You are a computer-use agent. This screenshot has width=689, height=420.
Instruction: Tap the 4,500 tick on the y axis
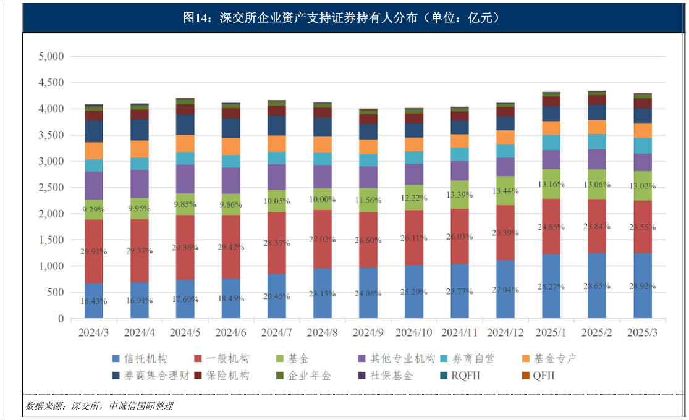[x=51, y=83]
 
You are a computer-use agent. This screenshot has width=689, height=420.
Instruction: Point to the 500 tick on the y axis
[x=56, y=293]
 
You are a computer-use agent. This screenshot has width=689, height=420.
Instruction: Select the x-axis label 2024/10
[x=414, y=333]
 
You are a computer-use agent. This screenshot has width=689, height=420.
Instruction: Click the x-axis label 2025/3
[x=642, y=333]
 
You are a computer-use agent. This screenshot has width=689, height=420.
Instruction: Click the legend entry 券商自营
[x=473, y=359]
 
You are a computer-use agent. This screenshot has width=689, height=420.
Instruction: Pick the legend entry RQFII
[x=465, y=376]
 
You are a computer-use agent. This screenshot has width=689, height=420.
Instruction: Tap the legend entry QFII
[x=544, y=376]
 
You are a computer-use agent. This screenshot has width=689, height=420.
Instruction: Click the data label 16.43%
[x=94, y=301]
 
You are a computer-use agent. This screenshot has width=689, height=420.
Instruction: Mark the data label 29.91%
[x=94, y=251]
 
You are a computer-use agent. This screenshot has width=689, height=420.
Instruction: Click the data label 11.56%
[x=368, y=201]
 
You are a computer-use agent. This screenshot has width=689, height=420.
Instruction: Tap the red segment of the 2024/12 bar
[x=505, y=232]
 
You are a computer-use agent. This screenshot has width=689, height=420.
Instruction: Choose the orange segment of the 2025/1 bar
[x=551, y=128]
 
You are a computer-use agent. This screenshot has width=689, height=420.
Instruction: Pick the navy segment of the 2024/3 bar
[x=94, y=131]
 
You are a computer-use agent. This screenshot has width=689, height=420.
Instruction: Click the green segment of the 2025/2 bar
[x=597, y=184]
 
